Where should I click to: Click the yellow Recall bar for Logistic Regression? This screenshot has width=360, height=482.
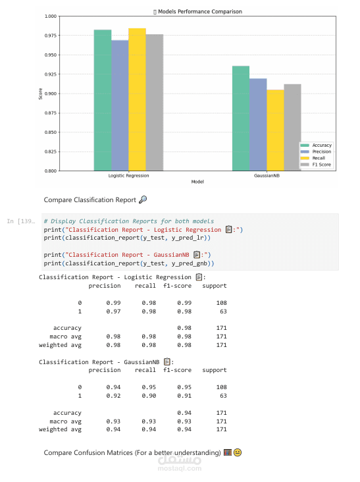[137, 99]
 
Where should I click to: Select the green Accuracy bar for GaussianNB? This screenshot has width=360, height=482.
[241, 119]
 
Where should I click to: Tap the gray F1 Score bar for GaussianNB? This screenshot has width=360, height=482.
[292, 127]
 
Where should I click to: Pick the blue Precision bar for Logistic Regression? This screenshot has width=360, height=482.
[120, 105]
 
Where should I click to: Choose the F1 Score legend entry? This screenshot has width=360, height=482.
[316, 165]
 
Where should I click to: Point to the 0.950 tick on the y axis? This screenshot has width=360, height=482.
[51, 55]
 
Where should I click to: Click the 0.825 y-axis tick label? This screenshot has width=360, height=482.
[51, 151]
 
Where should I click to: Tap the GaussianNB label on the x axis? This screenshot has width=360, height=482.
[267, 176]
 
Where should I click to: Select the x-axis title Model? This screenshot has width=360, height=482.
[197, 182]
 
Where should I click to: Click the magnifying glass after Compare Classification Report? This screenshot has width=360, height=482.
[143, 200]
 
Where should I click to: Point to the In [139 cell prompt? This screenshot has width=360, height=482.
[21, 221]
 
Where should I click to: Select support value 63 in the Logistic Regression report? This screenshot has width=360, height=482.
[223, 311]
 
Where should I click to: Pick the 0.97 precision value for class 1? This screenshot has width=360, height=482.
[113, 311]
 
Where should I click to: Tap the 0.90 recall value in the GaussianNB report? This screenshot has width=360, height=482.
[149, 396]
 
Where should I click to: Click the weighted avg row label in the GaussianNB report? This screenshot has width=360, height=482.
[60, 429]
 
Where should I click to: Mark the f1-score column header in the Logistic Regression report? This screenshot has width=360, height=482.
[177, 286]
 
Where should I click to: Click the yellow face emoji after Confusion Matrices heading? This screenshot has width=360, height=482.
[238, 452]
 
